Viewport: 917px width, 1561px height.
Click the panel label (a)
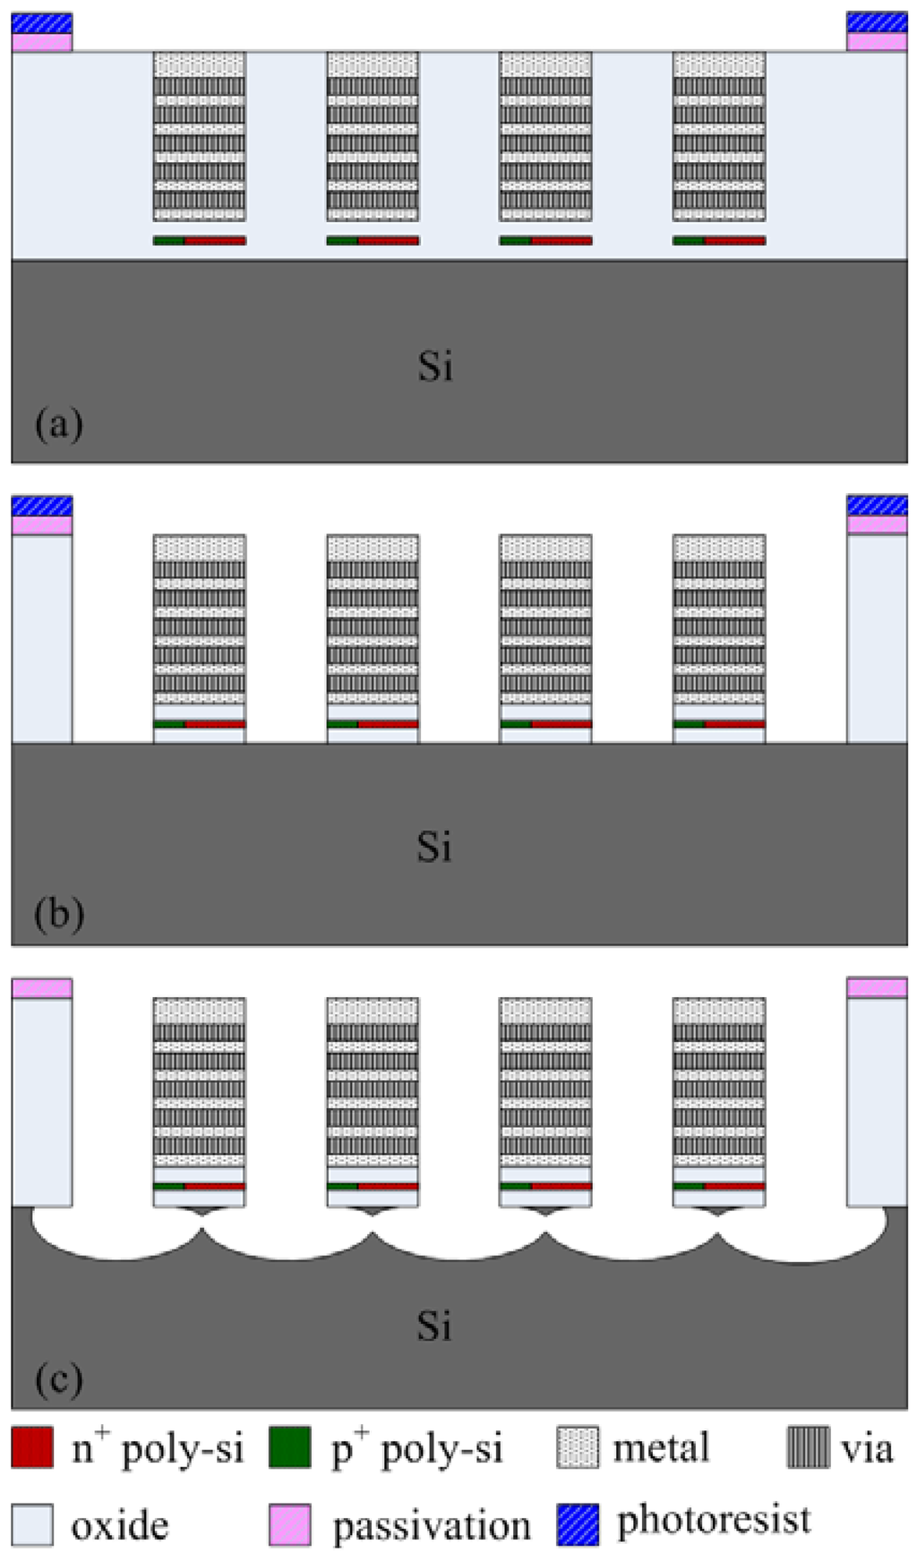point(59,422)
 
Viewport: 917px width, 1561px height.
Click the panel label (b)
point(59,914)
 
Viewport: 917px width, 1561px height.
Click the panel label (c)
point(59,1379)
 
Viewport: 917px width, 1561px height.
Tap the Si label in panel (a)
point(435,367)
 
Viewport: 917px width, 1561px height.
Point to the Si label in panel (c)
point(434,1326)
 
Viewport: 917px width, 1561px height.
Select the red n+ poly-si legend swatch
point(32,1447)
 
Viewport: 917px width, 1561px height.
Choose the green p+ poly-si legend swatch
point(290,1447)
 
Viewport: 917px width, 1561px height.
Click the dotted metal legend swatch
point(578,1447)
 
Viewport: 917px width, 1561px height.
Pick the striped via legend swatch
point(808,1447)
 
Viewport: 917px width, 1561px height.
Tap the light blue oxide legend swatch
point(32,1524)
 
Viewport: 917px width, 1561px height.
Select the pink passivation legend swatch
point(290,1524)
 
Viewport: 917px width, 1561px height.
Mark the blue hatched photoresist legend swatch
point(578,1524)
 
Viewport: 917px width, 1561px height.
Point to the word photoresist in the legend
point(714,1520)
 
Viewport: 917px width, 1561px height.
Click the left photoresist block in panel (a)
point(41,23)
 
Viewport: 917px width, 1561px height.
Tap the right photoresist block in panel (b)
point(877,506)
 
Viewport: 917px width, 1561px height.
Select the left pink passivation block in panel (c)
point(41,988)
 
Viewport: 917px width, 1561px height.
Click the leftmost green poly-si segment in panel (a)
point(168,241)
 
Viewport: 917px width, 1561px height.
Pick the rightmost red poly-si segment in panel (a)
point(735,241)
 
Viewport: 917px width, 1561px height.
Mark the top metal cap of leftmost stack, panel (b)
point(199,547)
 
